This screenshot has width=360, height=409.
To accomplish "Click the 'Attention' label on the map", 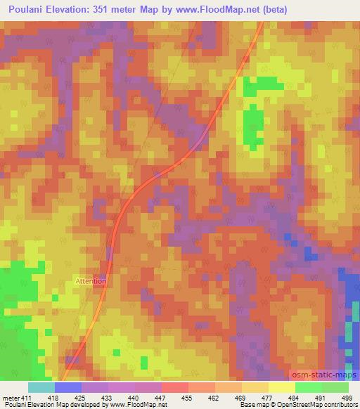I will point(91,281).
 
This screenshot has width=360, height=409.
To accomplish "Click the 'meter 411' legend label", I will point(16,397).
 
